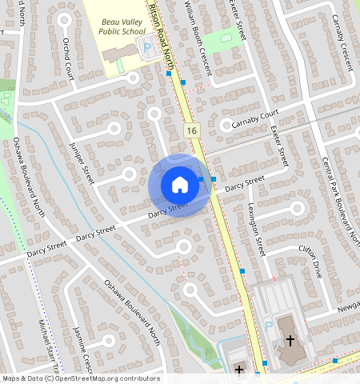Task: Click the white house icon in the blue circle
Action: pyautogui.click(x=180, y=185)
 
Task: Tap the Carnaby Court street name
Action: pyautogui.click(x=254, y=119)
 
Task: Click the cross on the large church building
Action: pyautogui.click(x=290, y=341)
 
